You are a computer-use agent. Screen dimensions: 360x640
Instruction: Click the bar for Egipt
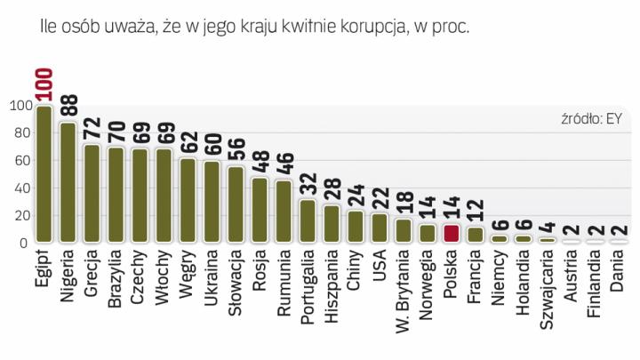[x=43, y=174]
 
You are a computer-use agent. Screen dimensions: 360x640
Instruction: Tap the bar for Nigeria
[x=67, y=182]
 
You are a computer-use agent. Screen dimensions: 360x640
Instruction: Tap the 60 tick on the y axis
[x=19, y=161]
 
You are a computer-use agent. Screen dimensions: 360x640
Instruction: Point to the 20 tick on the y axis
[x=19, y=216]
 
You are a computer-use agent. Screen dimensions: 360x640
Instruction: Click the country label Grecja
[x=91, y=276]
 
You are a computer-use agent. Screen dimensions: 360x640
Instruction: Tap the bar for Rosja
[x=259, y=210]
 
